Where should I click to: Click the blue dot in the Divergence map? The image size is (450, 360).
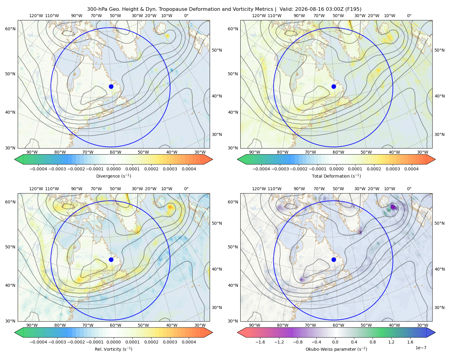tap(111, 86)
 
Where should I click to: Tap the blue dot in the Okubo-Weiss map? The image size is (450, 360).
tap(334, 259)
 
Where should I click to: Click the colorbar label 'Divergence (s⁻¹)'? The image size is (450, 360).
tap(113, 176)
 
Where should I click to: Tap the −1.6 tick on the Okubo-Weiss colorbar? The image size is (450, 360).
tap(260, 342)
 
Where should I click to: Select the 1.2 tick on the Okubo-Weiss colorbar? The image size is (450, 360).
tap(391, 342)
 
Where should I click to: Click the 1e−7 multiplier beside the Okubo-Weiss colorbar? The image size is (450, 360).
tap(421, 348)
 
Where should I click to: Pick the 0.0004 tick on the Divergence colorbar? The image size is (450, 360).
tap(189, 169)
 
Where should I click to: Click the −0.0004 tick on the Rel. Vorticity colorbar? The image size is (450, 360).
tap(38, 342)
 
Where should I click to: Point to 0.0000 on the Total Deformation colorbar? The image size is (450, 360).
tap(336, 169)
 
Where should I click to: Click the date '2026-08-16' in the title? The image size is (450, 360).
tap(308, 9)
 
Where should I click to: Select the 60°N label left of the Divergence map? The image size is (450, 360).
tap(10, 29)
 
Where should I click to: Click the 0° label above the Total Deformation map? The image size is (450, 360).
tap(409, 16)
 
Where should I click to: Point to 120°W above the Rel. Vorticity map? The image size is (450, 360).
tap(36, 189)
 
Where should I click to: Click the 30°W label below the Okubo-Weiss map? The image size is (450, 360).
tap(422, 325)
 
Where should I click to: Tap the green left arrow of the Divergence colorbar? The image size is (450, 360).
tap(19, 159)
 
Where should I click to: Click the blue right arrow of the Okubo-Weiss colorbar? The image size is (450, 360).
tap(431, 332)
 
